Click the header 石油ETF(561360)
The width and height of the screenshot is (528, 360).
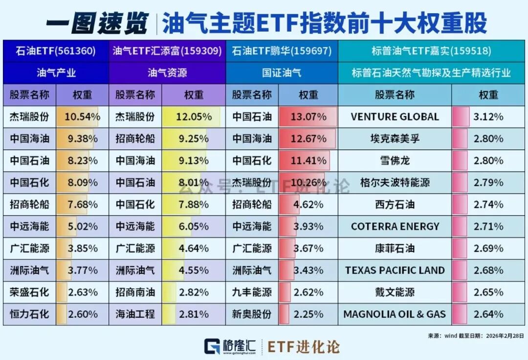pos(55,51)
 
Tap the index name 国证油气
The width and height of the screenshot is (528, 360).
pos(281,73)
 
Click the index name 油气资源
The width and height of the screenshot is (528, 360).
pos(167,73)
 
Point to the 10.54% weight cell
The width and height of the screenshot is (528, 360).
pos(82,117)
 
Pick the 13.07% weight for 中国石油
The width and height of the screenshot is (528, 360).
pos(308,117)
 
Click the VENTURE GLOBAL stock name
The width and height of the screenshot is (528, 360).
pos(395,117)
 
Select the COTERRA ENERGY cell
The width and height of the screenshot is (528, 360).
pos(395,227)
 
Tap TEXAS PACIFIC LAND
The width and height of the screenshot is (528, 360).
pos(395,270)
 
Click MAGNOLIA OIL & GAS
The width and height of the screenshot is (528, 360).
pos(395,314)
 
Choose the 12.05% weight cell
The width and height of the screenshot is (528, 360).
pos(194,117)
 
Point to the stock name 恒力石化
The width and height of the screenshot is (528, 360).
pos(29,314)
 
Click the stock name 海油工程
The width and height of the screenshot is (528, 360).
pos(135,314)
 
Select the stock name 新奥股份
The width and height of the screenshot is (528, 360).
pos(251,314)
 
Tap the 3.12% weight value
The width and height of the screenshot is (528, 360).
pos(488,117)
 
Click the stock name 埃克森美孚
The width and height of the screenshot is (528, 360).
pos(395,139)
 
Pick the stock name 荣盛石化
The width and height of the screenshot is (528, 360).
pos(29,292)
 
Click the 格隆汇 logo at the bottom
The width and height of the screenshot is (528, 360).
pos(230,346)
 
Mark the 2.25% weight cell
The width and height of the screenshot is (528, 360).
pos(308,314)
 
